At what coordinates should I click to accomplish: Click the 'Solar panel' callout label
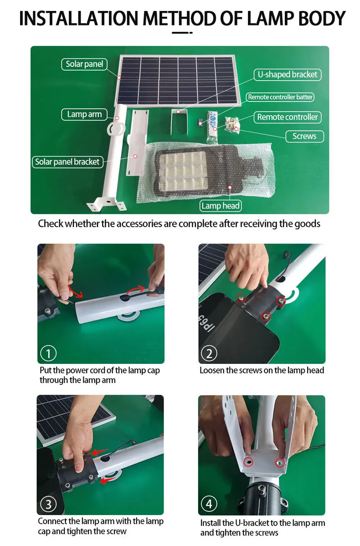84,64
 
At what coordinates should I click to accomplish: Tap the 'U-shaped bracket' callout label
287,75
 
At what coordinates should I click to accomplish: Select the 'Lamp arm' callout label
84,114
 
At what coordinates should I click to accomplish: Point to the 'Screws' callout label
304,136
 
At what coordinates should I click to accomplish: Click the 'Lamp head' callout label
221,206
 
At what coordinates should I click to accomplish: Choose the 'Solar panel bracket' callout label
67,162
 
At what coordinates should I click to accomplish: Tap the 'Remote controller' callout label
287,117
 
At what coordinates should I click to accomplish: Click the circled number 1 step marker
48,353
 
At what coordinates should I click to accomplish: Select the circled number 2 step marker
209,353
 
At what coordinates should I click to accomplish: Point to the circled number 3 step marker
48,504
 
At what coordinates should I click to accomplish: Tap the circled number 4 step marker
209,504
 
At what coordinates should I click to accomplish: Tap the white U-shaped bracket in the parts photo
179,122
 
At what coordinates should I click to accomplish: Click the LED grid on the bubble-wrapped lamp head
183,171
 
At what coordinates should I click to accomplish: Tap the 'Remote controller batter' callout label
280,97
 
